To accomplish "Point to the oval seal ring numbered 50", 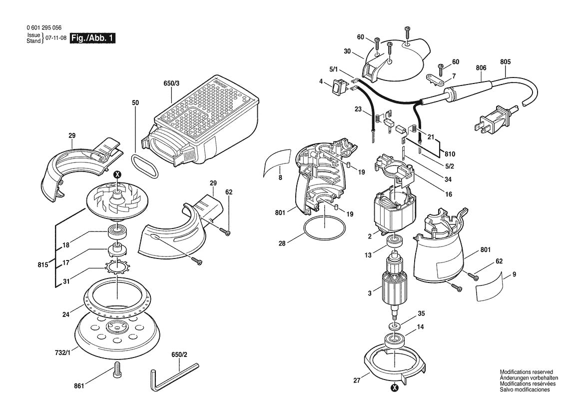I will tap(145, 165).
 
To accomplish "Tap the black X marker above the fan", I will tap(117, 174).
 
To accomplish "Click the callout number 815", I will tap(43, 264).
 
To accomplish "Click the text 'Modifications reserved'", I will tap(526, 372).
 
